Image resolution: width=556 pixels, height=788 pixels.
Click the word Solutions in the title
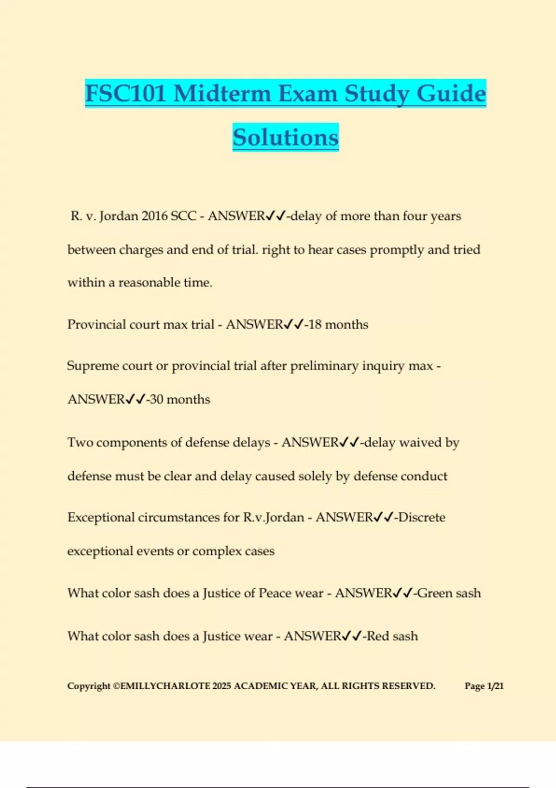285,137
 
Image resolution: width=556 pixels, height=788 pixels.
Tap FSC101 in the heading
126,93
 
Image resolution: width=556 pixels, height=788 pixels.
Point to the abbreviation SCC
183,216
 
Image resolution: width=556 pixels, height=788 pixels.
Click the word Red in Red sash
378,636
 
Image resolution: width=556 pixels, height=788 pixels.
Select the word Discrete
422,517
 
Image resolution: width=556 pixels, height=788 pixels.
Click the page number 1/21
495,686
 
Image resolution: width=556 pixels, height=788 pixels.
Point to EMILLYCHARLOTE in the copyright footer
165,686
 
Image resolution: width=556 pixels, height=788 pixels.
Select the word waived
420,443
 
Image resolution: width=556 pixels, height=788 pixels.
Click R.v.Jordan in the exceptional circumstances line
273,517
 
